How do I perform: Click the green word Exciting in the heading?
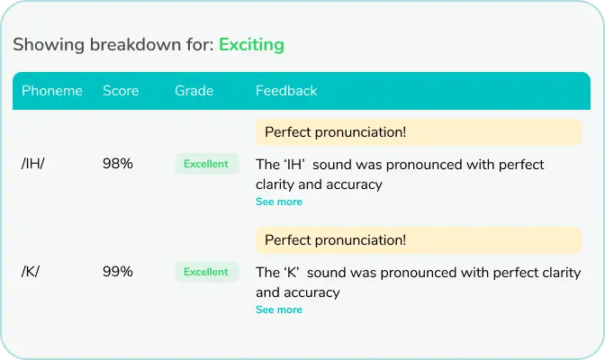[251, 44]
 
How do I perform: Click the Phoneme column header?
[52, 91]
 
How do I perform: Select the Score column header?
[121, 91]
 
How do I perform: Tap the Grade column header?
[194, 91]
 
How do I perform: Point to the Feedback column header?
[286, 91]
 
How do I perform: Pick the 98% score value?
[118, 164]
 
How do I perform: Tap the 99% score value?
[118, 272]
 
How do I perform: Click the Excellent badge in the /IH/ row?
[206, 164]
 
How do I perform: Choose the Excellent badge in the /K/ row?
[206, 272]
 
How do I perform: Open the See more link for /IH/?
[279, 202]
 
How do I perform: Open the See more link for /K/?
[279, 310]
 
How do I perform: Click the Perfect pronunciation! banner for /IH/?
[419, 132]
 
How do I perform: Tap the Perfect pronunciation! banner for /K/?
[419, 240]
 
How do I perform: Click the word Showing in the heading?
[45, 44]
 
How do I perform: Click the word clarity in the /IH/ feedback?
[278, 184]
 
